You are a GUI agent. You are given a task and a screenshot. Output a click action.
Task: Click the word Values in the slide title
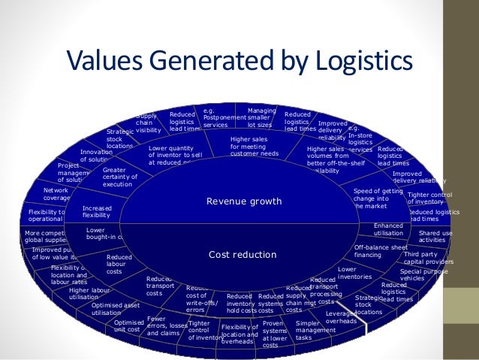click(x=110, y=61)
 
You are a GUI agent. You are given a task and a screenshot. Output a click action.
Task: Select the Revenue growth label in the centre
click(x=244, y=201)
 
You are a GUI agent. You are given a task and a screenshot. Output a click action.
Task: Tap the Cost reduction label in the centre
click(x=243, y=254)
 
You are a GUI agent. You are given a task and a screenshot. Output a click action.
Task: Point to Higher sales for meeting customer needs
click(x=254, y=147)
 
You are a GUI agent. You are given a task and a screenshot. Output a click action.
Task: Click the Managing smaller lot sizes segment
click(x=261, y=118)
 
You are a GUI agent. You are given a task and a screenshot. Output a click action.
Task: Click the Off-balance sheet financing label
click(x=381, y=250)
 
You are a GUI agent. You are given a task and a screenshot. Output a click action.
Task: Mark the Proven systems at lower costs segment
click(x=274, y=332)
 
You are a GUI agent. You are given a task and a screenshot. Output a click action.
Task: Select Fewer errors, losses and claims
click(x=167, y=325)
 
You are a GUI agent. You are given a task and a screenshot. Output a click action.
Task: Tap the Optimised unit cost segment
click(x=128, y=325)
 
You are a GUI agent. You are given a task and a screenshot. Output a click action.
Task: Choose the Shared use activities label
click(x=435, y=237)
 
